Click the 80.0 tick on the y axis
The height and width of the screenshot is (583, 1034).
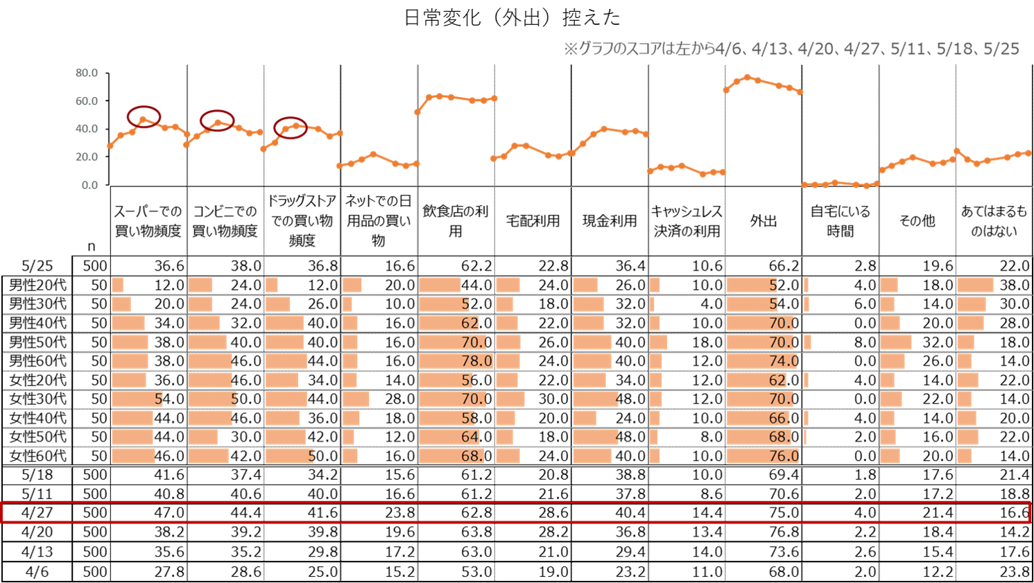pyautogui.click(x=87, y=73)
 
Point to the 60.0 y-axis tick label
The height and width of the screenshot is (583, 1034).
pyautogui.click(x=87, y=101)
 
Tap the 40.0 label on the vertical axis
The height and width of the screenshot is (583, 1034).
pyautogui.click(x=87, y=129)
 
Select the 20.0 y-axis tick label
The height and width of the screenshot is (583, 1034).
pyautogui.click(x=87, y=157)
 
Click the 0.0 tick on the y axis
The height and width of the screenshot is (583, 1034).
pyautogui.click(x=89, y=185)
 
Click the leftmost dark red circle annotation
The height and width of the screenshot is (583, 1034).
pyautogui.click(x=144, y=116)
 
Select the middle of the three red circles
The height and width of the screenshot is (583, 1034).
pyautogui.click(x=217, y=121)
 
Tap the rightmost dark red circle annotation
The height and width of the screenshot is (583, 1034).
pyautogui.click(x=290, y=128)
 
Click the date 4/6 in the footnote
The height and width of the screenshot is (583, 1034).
pyautogui.click(x=728, y=49)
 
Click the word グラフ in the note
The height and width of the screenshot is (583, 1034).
pyautogui.click(x=592, y=49)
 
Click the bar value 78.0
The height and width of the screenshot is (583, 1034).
pyautogui.click(x=476, y=361)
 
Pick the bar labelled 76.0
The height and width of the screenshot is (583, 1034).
pyautogui.click(x=784, y=456)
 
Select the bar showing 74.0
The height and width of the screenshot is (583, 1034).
pyautogui.click(x=783, y=361)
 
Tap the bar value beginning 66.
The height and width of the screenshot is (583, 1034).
pyautogui.click(x=780, y=418)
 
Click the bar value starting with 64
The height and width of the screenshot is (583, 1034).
pyautogui.click(x=471, y=437)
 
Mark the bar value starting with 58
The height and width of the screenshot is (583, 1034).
pyautogui.click(x=469, y=418)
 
